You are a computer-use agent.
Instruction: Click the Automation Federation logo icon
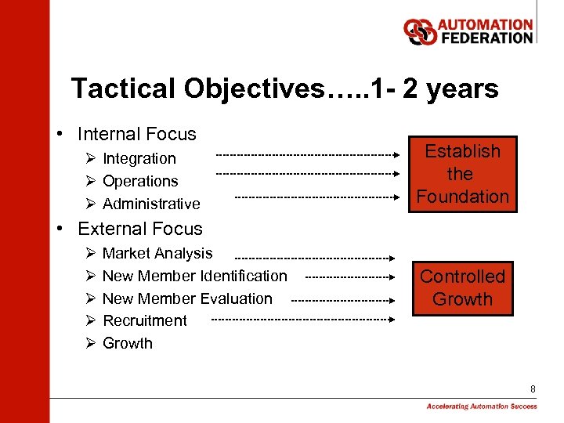point(420,31)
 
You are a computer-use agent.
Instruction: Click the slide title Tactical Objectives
point(284,89)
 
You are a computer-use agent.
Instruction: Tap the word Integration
point(139,158)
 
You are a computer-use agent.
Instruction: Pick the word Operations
point(140,181)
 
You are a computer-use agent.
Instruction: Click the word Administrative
point(151,204)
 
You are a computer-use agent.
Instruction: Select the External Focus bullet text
point(139,229)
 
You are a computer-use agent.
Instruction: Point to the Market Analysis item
point(157,253)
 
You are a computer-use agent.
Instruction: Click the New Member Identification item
point(194,276)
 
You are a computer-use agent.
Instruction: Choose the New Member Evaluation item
point(187,298)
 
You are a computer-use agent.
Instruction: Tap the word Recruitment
point(145,320)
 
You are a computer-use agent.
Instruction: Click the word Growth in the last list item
point(128,343)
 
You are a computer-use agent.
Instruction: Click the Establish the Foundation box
point(462,174)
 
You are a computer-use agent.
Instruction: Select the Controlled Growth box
point(462,288)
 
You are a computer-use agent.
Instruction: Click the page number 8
point(533,389)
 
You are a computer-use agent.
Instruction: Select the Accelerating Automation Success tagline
point(482,407)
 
